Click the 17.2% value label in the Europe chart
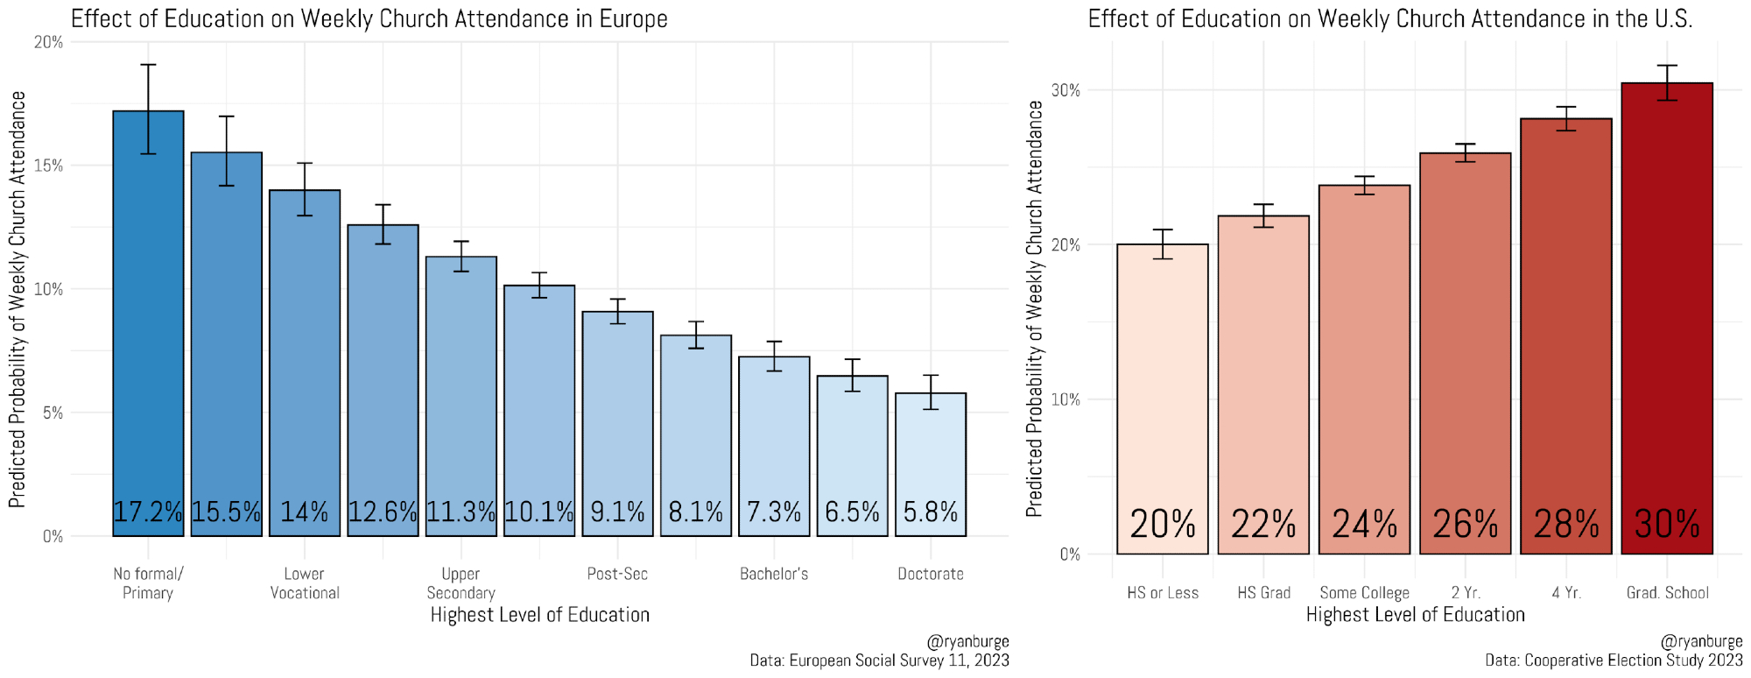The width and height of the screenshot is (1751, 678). (x=148, y=512)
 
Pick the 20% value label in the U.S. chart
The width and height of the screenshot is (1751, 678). (x=1162, y=524)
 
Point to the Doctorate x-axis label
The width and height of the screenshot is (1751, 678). (x=931, y=575)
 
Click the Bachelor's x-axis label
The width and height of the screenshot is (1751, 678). (x=774, y=575)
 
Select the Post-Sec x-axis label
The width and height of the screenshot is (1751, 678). (x=617, y=575)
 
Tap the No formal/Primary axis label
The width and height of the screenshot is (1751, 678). (x=148, y=583)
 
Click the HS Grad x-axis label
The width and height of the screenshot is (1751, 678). (x=1263, y=593)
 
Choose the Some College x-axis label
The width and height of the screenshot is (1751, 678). (x=1364, y=593)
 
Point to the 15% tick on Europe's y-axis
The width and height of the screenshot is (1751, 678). (x=48, y=166)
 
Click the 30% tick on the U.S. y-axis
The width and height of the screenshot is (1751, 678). (x=1065, y=90)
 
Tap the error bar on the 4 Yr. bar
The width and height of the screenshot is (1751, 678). (x=1565, y=118)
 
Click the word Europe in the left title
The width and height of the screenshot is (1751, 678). (x=633, y=19)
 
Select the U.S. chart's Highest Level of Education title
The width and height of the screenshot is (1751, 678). (x=1415, y=615)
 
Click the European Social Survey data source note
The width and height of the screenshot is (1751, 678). (x=879, y=660)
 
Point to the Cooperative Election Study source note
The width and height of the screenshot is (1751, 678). (x=1614, y=660)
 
